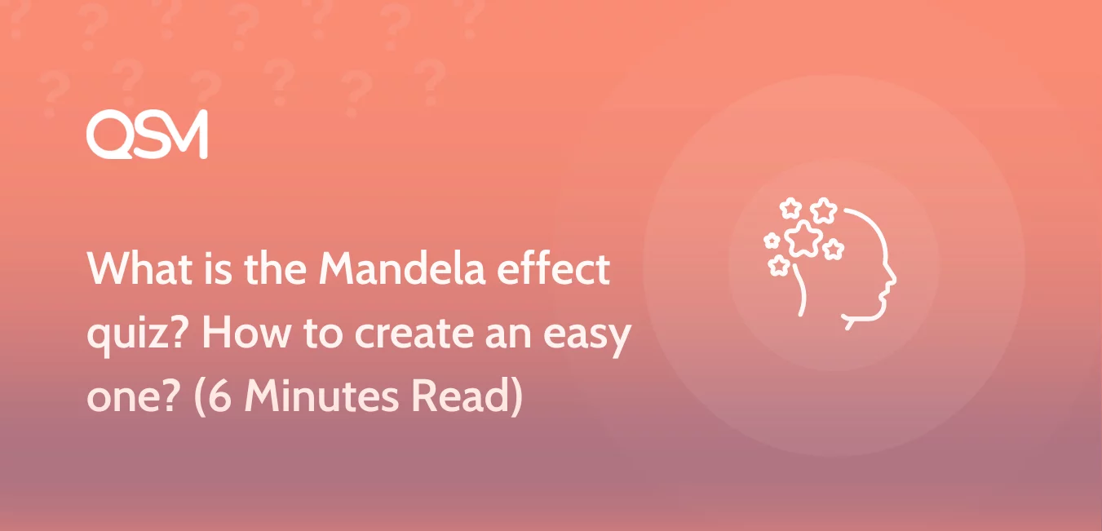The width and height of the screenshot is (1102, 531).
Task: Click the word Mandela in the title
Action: tap(402, 268)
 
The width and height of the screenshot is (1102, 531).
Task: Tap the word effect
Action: tap(554, 268)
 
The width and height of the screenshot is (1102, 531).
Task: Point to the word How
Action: tap(246, 333)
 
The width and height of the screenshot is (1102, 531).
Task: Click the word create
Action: tap(414, 334)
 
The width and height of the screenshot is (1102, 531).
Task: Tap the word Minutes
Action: tap(321, 396)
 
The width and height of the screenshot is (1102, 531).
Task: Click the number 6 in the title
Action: tap(220, 396)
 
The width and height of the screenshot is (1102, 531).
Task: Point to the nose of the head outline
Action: tap(893, 279)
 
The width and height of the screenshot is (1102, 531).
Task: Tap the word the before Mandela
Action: tap(276, 268)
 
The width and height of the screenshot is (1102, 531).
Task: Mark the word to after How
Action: tap(323, 334)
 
